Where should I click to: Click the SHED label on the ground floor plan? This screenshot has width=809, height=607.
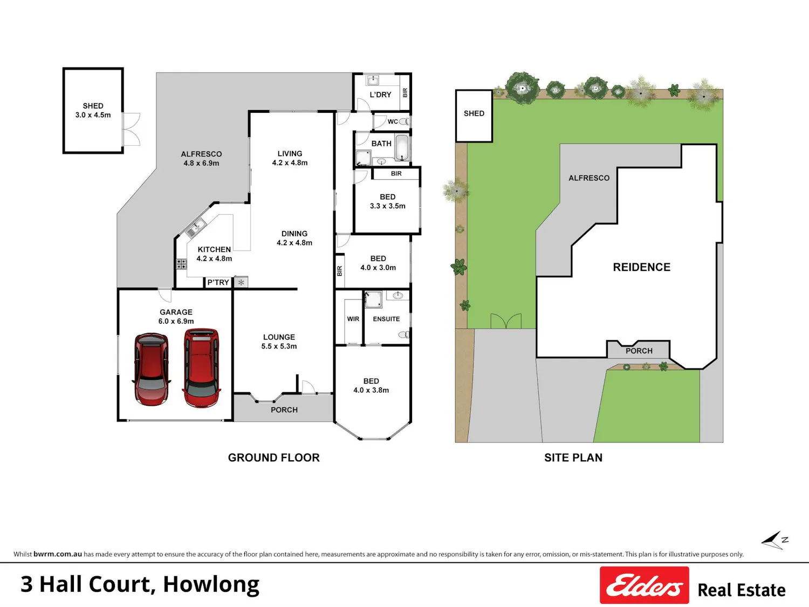[93, 106]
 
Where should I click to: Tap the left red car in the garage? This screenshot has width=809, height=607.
[152, 369]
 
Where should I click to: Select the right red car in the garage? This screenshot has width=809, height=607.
[202, 368]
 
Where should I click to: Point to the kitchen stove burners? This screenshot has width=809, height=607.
[181, 264]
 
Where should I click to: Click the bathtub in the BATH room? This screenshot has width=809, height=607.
[402, 148]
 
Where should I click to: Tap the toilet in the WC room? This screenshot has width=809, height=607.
[404, 121]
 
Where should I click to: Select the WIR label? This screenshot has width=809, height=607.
[353, 319]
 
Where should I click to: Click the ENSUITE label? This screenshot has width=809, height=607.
[386, 319]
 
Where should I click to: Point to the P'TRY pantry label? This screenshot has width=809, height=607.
[218, 282]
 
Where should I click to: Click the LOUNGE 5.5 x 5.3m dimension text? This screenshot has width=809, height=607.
[279, 346]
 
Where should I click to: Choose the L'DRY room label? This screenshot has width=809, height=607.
[380, 95]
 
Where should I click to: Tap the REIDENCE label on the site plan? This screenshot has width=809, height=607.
[642, 267]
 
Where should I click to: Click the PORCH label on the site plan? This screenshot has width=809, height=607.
[639, 351]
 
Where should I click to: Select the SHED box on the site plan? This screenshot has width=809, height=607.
[474, 116]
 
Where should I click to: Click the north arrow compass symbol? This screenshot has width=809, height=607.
[774, 541]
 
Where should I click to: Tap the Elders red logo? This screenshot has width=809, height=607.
[645, 585]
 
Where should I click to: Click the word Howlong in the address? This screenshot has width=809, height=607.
[211, 585]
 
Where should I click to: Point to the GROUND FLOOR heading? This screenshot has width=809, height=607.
[274, 458]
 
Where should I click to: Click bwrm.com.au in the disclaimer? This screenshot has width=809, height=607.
[58, 554]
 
